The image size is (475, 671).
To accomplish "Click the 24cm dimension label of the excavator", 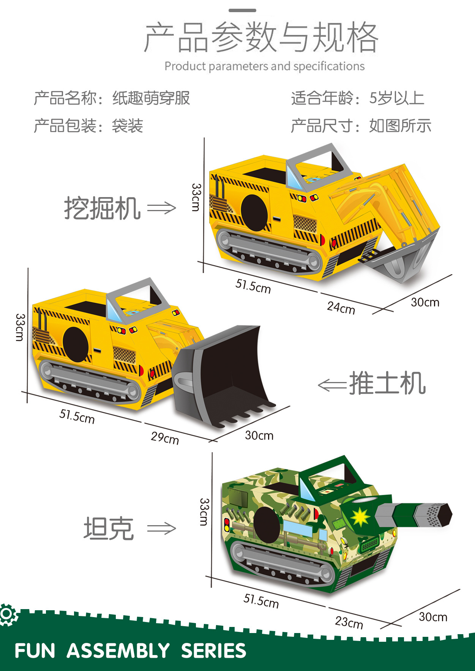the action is point(341,308).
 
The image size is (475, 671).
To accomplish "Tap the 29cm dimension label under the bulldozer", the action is point(165,438).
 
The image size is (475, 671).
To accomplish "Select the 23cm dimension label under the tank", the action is point(349,622).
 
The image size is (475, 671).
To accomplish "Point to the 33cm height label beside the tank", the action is point(204,512).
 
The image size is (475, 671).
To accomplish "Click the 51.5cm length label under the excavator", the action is point(253,286).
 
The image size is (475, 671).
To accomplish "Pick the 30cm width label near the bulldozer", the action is point(259,435).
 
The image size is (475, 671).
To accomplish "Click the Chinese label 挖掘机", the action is point(102,208).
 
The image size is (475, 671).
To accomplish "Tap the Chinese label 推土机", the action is point(387,383).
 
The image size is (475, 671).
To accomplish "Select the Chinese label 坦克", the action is point(109,528).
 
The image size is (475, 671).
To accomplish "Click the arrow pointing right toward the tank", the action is point(162,528).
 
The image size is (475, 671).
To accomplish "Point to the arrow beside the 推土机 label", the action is point(333,385).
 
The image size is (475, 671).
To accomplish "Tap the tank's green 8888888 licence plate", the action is point(369,545).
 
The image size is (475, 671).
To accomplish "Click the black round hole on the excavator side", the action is point(254,213).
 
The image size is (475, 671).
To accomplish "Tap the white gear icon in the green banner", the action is point(8,614).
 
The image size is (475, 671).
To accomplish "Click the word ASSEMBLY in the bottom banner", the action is point(118,651).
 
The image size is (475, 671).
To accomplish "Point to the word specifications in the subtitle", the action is point(329,66).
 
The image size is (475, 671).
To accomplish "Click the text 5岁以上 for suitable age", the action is point(397,98).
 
